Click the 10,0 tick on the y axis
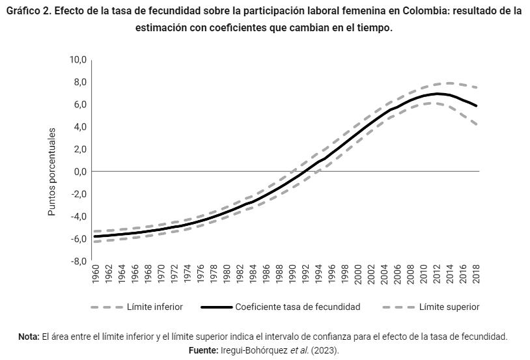coord(78,60)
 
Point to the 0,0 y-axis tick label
coord(80,172)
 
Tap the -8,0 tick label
coord(78,262)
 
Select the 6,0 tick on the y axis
coord(80,105)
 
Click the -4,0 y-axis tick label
coord(78,217)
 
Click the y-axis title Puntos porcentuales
coord(52,172)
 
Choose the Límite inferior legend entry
coord(154,307)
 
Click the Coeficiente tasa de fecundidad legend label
coord(297,307)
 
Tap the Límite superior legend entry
coord(449,307)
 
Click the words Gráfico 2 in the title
coord(27,12)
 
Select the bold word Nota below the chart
coord(29,337)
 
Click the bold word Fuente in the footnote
coord(202,350)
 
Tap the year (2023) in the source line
coord(326,350)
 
